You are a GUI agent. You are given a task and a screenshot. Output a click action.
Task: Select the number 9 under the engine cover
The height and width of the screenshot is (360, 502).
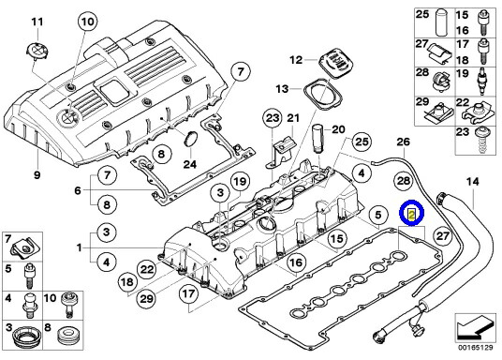[x=37, y=175]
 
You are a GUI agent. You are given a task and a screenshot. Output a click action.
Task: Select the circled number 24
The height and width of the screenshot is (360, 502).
[x=191, y=164]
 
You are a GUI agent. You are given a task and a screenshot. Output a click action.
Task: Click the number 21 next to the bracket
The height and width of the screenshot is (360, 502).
[x=292, y=117]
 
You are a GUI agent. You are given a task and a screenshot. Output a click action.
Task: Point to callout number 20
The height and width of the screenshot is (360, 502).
[x=338, y=129]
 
